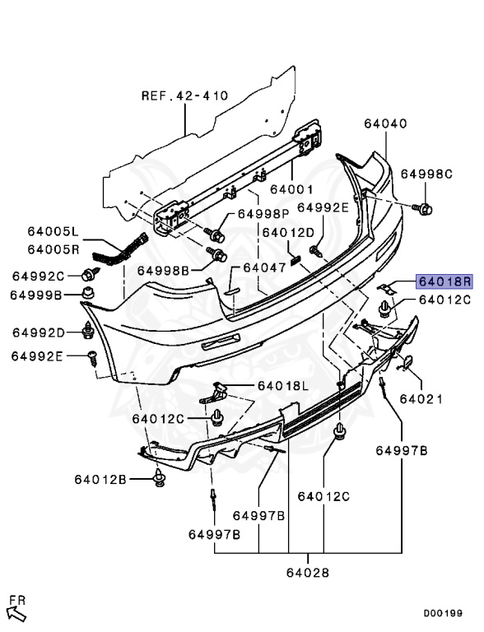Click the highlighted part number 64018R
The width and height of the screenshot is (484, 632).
(x=444, y=281)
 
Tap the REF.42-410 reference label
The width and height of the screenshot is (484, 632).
(x=184, y=96)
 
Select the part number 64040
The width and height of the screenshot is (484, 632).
(x=385, y=123)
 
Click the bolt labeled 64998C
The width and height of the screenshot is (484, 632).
(x=423, y=209)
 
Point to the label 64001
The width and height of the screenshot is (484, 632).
(x=291, y=189)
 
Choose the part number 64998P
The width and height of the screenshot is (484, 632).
(x=263, y=214)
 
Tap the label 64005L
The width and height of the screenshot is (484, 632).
(x=53, y=231)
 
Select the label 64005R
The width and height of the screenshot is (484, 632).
(x=54, y=249)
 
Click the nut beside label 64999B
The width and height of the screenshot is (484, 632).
(x=88, y=293)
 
